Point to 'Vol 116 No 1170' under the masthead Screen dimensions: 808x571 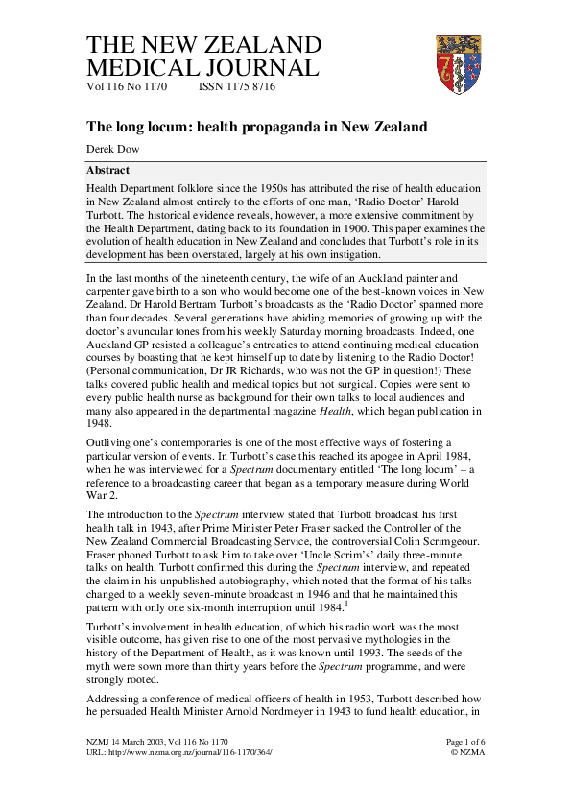coord(128,86)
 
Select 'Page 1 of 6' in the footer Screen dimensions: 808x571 coord(467,742)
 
